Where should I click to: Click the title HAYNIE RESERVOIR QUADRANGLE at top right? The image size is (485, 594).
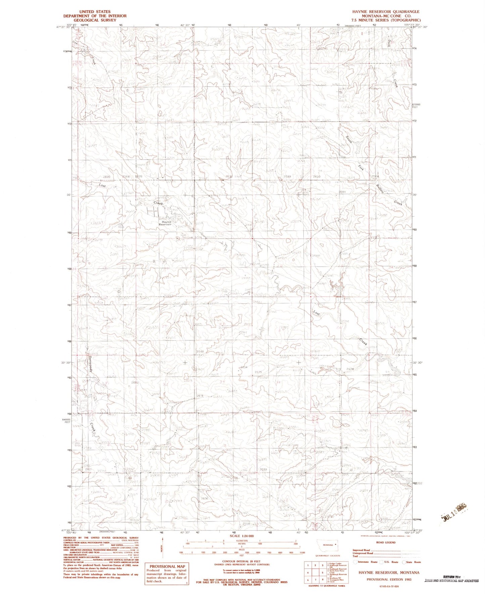tap(386, 12)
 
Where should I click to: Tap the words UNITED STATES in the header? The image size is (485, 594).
tap(95, 12)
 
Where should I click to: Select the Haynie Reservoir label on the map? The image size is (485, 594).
tap(165, 223)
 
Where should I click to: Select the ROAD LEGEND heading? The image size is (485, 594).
tap(386, 542)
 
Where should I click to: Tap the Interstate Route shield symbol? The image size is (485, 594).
tap(355, 562)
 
